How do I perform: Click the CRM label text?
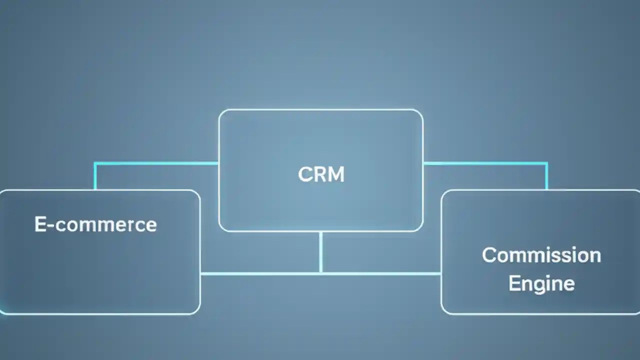point(321,174)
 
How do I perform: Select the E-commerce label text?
point(95,224)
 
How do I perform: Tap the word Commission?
point(541,255)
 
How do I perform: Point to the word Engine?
point(541,283)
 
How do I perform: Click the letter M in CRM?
point(336,174)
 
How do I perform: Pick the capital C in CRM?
point(304,174)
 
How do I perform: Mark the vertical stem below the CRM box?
point(320,252)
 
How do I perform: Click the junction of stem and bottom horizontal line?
point(320,273)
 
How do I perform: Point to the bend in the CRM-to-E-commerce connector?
point(95,163)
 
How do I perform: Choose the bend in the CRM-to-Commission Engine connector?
point(546,163)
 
